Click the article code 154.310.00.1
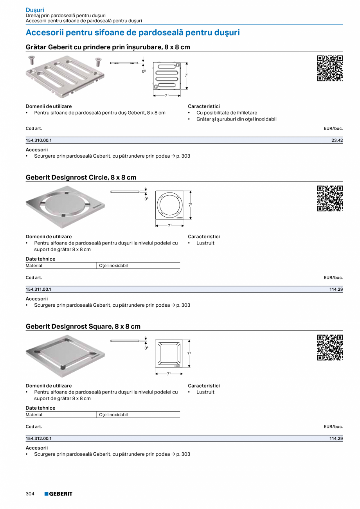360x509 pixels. (39, 140)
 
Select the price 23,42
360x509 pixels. (337, 140)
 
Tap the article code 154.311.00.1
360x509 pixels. (38, 289)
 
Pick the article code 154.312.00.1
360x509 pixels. (38, 439)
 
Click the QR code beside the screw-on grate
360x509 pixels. (329, 68)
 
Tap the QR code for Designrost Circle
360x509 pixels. (329, 198)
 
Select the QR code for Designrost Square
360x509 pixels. (329, 347)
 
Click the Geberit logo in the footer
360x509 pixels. (58, 494)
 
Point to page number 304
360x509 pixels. (30, 494)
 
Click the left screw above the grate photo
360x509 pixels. (32, 60)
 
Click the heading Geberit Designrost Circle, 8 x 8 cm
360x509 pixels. (81, 177)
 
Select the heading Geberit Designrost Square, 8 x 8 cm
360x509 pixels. (83, 326)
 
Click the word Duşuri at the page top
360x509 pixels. (35, 9)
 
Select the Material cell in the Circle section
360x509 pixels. (34, 266)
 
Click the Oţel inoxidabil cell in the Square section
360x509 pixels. (113, 415)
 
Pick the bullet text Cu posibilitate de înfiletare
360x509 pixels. (227, 113)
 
